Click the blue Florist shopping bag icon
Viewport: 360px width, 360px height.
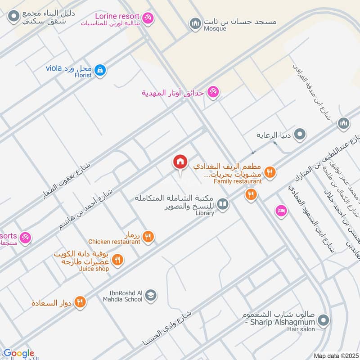pyautogui.click(x=101, y=70)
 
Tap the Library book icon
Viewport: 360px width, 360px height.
pyautogui.click(x=222, y=205)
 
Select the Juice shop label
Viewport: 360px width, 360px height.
pyautogui.click(x=94, y=269)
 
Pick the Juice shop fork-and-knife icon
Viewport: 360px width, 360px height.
pyautogui.click(x=117, y=260)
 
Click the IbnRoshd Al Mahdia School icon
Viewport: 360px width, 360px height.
pyautogui.click(x=152, y=295)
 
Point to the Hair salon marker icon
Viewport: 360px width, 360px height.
pyautogui.click(x=323, y=320)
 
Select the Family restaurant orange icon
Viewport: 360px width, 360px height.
pyautogui.click(x=270, y=171)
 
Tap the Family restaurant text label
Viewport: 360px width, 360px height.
pyautogui.click(x=238, y=181)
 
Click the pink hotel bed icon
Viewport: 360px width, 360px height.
pyautogui.click(x=281, y=210)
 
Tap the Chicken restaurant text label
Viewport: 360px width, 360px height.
pyautogui.click(x=114, y=242)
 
